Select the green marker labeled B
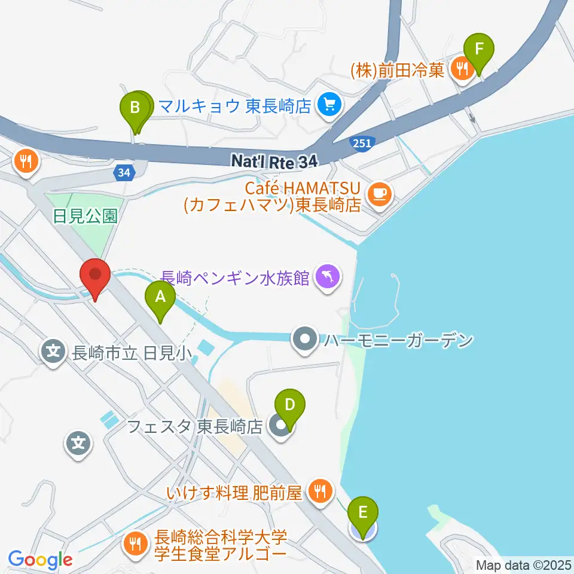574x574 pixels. pyautogui.click(x=135, y=109)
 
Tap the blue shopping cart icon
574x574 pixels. pyautogui.click(x=328, y=106)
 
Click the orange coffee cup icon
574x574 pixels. pyautogui.click(x=379, y=193)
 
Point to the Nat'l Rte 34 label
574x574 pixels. pyautogui.click(x=272, y=160)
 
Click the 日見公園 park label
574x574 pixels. pyautogui.click(x=85, y=216)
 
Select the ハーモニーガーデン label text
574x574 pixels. pyautogui.click(x=399, y=341)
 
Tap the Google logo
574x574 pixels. pyautogui.click(x=40, y=559)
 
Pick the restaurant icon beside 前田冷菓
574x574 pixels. pyautogui.click(x=462, y=69)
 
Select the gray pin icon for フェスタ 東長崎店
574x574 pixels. pyautogui.click(x=277, y=427)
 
